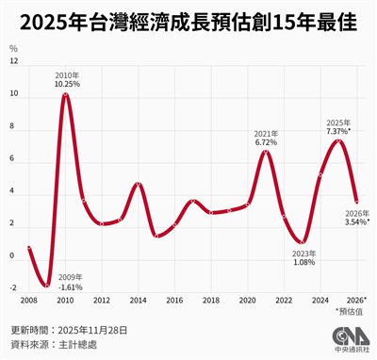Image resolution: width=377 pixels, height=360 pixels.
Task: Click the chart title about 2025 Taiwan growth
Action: click(x=188, y=24)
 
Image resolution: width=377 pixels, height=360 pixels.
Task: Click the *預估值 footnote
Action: click(x=353, y=312)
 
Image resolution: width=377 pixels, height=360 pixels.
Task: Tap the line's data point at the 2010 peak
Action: click(x=66, y=94)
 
